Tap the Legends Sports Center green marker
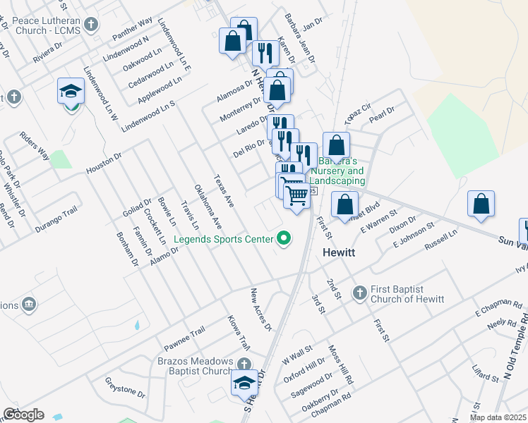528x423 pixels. [x=284, y=239]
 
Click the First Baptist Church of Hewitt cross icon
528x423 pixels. [x=359, y=292]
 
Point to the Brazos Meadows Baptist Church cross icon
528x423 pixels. [x=244, y=364]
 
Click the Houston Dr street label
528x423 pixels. [x=104, y=166]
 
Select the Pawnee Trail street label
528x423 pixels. [x=184, y=340]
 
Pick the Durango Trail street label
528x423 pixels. [x=55, y=221]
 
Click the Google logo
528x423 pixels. [x=23, y=415]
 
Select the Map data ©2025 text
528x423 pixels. [x=497, y=417]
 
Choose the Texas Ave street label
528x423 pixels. [x=224, y=190]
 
